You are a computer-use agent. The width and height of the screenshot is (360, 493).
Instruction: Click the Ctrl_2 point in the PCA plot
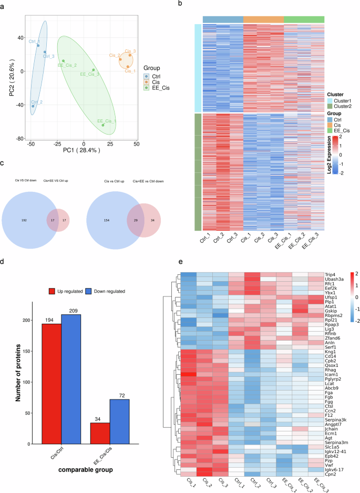point(33,106)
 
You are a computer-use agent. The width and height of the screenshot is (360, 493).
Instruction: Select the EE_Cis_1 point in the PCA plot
point(103,125)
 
